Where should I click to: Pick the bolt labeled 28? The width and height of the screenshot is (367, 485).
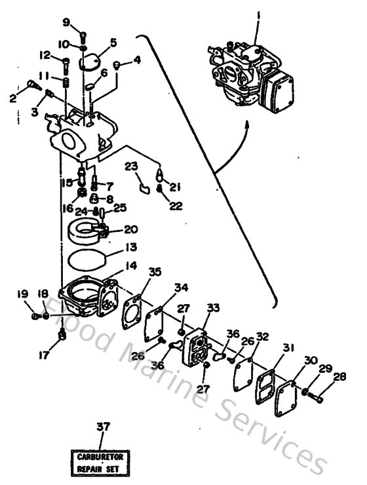pos(318,397)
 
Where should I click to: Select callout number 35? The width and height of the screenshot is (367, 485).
pos(155,272)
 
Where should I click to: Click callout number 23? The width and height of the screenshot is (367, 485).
pos(132,166)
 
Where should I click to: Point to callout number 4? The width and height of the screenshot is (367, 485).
pos(136,61)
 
